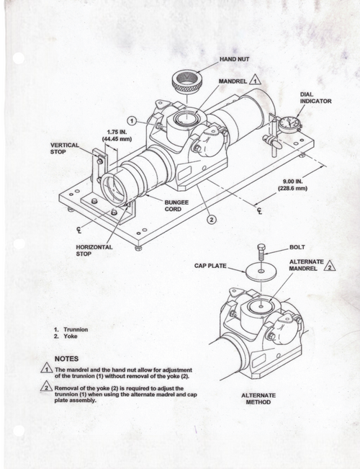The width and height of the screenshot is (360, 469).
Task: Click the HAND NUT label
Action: (x=235, y=58)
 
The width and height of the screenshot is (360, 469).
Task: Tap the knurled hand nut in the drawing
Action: (x=188, y=79)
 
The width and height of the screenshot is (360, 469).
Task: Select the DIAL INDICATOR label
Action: (x=315, y=98)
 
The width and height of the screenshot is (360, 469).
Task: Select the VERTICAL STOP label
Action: (x=64, y=148)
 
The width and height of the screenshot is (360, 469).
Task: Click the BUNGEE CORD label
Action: (x=176, y=206)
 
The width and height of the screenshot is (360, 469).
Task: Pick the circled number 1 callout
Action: (x=132, y=120)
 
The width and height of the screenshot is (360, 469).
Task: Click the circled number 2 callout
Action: (x=211, y=219)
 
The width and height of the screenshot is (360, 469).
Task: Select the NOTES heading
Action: (x=67, y=358)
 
